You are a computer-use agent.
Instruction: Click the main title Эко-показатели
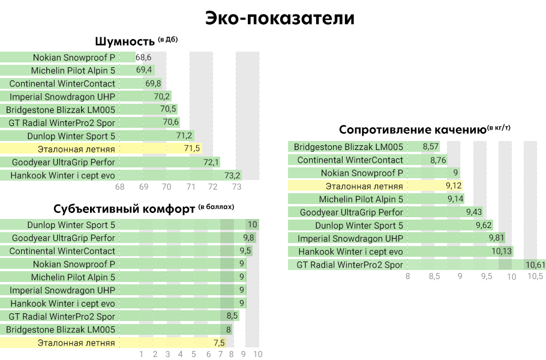280,18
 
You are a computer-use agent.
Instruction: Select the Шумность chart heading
125,42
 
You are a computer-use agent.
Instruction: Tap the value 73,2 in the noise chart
232,175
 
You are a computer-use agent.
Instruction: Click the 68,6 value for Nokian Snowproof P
143,58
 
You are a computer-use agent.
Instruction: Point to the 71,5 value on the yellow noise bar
192,149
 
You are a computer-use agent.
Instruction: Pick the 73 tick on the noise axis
236,187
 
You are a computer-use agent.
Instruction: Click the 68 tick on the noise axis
120,187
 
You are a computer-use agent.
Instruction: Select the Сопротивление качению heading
412,130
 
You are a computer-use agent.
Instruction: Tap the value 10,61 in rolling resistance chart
535,265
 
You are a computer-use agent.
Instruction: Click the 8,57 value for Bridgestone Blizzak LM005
431,146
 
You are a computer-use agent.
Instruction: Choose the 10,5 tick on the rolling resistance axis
535,277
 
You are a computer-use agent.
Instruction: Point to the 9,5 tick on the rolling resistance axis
486,277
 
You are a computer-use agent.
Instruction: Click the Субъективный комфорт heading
124,209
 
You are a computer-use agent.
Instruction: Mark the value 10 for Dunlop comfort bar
253,225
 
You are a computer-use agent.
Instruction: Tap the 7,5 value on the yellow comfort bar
219,343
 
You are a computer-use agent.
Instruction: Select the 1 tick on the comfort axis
142,355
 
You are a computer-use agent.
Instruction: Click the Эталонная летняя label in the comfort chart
76,343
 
